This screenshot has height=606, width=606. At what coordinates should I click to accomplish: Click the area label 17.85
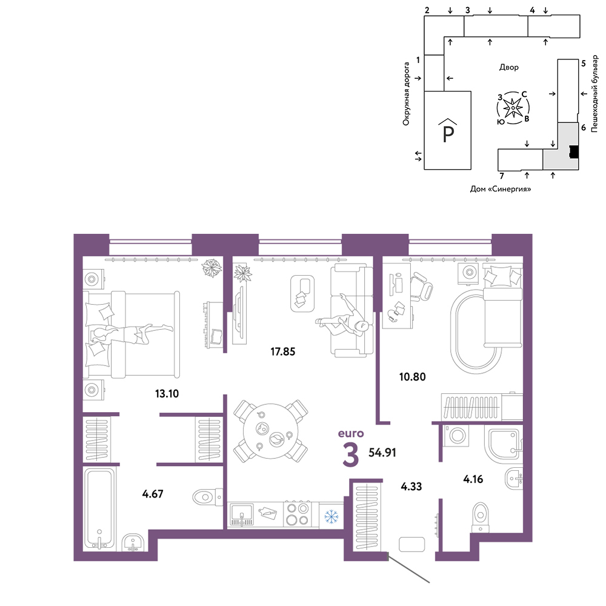[282, 351]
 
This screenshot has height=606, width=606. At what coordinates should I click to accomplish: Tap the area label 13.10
[167, 394]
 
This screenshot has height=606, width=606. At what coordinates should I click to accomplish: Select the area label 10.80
[412, 377]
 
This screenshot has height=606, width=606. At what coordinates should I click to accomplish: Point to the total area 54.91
[382, 453]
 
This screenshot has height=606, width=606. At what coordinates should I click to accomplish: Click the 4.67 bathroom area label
[153, 494]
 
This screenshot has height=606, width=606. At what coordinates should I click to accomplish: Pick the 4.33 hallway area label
[411, 487]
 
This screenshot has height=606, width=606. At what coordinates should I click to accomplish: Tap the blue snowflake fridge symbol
[331, 516]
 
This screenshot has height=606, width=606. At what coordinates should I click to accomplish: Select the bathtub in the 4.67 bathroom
[100, 508]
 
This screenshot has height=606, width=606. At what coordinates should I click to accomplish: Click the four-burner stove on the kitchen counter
[297, 514]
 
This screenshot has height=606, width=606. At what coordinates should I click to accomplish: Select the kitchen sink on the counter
[242, 514]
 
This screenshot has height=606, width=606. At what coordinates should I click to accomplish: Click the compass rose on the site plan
[513, 108]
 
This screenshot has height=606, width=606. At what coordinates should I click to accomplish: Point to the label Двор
[509, 67]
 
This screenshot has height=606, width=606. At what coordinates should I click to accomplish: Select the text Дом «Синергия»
[501, 189]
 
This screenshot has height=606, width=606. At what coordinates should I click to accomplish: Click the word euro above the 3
[351, 434]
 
